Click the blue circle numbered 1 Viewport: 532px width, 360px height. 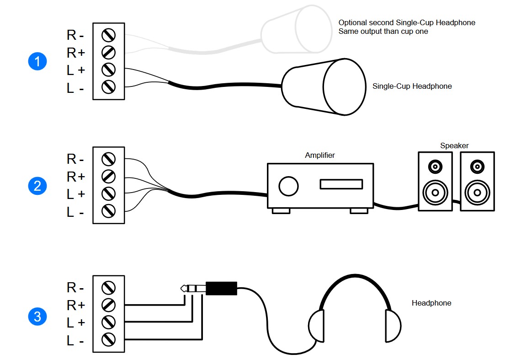(x=37, y=61)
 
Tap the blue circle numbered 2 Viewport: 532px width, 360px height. (x=37, y=186)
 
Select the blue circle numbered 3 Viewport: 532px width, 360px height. (x=37, y=316)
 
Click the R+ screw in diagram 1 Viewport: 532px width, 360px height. (x=109, y=53)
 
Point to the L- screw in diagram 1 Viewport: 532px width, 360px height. (x=109, y=87)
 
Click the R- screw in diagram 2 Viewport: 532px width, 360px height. (x=109, y=159)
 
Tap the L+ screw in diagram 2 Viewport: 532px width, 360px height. (x=109, y=194)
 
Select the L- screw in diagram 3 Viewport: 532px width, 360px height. (x=109, y=339)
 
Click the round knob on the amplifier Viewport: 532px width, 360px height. (x=288, y=186)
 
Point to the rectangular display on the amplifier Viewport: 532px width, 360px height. (x=341, y=184)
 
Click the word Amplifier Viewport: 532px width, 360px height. (x=320, y=156)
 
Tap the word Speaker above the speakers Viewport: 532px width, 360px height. (x=454, y=146)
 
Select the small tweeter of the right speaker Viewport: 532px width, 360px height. (x=477, y=165)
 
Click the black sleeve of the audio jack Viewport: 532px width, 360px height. (x=221, y=288)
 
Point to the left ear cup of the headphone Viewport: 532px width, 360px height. (x=317, y=326)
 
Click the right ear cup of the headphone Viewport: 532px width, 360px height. (x=393, y=326)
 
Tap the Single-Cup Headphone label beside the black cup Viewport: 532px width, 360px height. (x=412, y=86)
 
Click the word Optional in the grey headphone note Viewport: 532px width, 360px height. (x=352, y=22)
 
